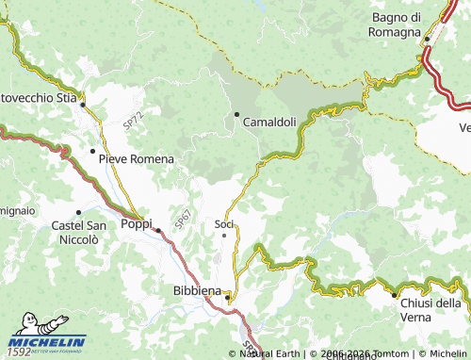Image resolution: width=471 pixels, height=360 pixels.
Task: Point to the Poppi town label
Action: (137, 223)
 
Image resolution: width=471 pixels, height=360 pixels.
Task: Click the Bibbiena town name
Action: (197, 290)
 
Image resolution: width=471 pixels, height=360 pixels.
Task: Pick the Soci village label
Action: (224, 223)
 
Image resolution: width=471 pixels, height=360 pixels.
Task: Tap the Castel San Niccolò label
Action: (78, 233)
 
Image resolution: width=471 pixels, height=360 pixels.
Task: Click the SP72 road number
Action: (133, 120)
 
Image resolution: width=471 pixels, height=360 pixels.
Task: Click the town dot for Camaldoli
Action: (236, 115)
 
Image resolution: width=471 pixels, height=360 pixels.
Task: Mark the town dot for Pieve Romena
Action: (92, 151)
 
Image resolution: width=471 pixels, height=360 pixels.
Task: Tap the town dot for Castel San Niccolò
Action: (78, 212)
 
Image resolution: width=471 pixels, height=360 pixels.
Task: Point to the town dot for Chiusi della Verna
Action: (394, 295)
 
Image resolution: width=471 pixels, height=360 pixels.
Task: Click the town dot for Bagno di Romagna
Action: (427, 39)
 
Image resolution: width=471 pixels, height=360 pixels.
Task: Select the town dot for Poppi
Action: (159, 230)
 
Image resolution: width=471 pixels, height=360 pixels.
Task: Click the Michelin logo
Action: (45, 343)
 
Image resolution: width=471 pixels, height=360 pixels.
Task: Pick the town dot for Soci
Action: (223, 236)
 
